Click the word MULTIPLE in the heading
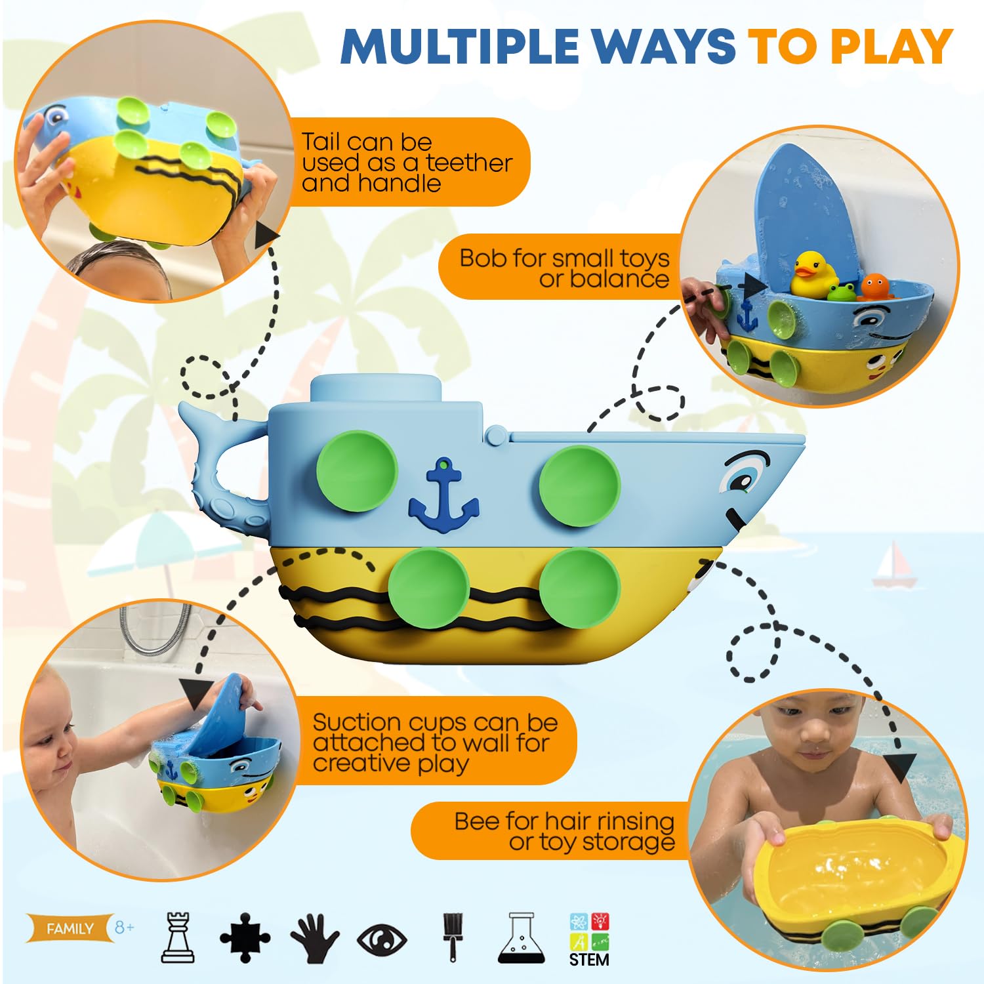pyautogui.click(x=459, y=46)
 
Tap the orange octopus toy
pyautogui.click(x=874, y=287)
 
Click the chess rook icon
pyautogui.click(x=178, y=937)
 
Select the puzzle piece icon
pyautogui.click(x=245, y=937)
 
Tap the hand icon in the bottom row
pyautogui.click(x=314, y=939)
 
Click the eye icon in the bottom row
pyautogui.click(x=382, y=939)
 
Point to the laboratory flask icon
pyautogui.click(x=522, y=937)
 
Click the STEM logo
pyautogui.click(x=589, y=939)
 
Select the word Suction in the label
pyautogui.click(x=356, y=722)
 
